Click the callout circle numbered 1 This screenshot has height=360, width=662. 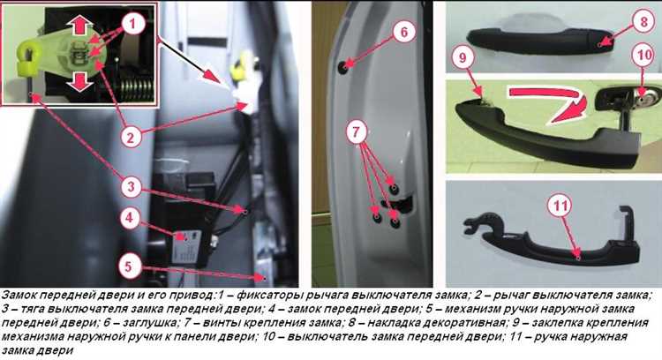click(132, 24)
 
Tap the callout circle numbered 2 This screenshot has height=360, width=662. click(131, 137)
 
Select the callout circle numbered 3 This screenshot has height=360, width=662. click(131, 186)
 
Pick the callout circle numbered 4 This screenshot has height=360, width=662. click(130, 218)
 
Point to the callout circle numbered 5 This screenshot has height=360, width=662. click(128, 266)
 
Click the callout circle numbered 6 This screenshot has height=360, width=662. click(403, 32)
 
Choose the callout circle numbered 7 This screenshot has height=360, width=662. click(357, 132)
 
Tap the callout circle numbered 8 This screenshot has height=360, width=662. click(643, 21)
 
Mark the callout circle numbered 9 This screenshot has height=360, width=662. click(463, 57)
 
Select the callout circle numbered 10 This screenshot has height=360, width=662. click(643, 56)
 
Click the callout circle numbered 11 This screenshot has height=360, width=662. click(560, 206)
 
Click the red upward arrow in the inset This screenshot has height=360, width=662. click(79, 26)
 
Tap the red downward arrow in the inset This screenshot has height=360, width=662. click(79, 80)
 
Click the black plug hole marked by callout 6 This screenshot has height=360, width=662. click(342, 67)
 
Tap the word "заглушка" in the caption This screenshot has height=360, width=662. click(150, 323)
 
